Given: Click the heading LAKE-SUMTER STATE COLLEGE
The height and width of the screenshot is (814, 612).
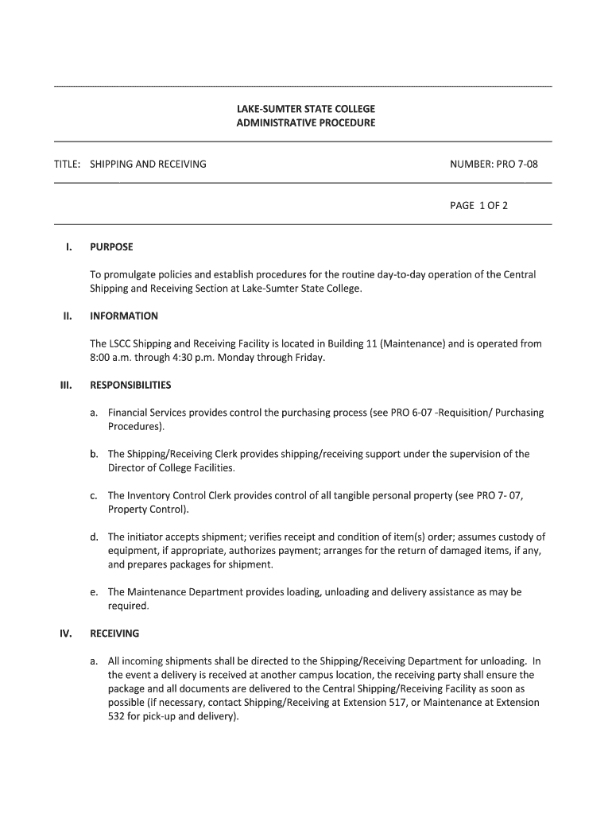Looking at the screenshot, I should tap(305, 108).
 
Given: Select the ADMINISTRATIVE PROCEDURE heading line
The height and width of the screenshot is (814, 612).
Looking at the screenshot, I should tap(305, 123).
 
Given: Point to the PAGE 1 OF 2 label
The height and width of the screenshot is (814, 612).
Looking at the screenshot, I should tap(478, 205).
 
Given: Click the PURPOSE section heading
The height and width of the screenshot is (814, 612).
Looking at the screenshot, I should tap(111, 247).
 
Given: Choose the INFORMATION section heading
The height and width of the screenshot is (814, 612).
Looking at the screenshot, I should tap(124, 316).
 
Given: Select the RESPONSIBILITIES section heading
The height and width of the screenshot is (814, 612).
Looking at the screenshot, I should tap(130, 385).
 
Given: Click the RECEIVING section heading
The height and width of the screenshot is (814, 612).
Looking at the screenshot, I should tap(114, 634).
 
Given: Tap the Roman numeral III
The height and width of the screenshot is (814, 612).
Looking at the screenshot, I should tap(67, 385).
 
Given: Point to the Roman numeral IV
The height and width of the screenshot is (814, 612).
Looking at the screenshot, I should tap(67, 634).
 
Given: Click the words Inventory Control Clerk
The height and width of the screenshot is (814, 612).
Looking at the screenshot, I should tap(178, 495).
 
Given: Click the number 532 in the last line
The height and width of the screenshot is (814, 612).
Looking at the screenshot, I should tap(117, 716).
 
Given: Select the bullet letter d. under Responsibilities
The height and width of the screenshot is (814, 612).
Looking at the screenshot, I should tap(94, 537).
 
